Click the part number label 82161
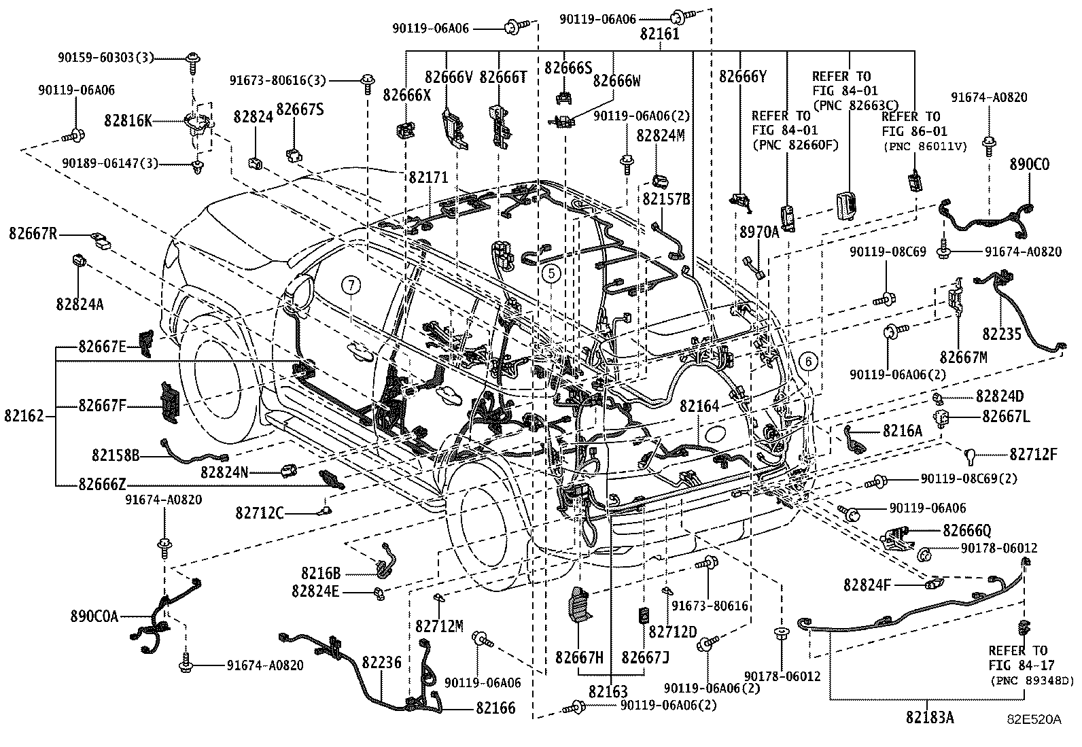pos(659,35)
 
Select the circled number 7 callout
pos(351,286)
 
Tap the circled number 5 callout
pos(551,273)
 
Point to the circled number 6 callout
pos(807,362)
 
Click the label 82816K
pos(128,120)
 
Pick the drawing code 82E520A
pos(1034,718)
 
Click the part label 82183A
pos(929,717)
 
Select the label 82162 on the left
pos(24,415)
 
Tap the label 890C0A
pos(94,616)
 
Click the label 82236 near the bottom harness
pos(381,661)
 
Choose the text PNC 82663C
pos(849,104)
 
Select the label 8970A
pos(758,232)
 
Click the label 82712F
pos(1033,454)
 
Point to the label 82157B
pos(667,199)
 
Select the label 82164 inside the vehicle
pos(699,406)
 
